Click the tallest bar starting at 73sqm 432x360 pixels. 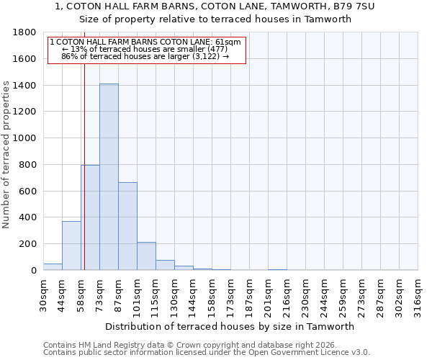109,177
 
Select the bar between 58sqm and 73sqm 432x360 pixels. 90,217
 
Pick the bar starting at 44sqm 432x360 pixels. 71,246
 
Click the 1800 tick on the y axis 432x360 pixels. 26,32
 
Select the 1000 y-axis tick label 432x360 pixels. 26,138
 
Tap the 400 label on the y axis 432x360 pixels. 29,217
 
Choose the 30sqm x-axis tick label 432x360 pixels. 43,293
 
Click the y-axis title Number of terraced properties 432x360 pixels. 7,155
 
